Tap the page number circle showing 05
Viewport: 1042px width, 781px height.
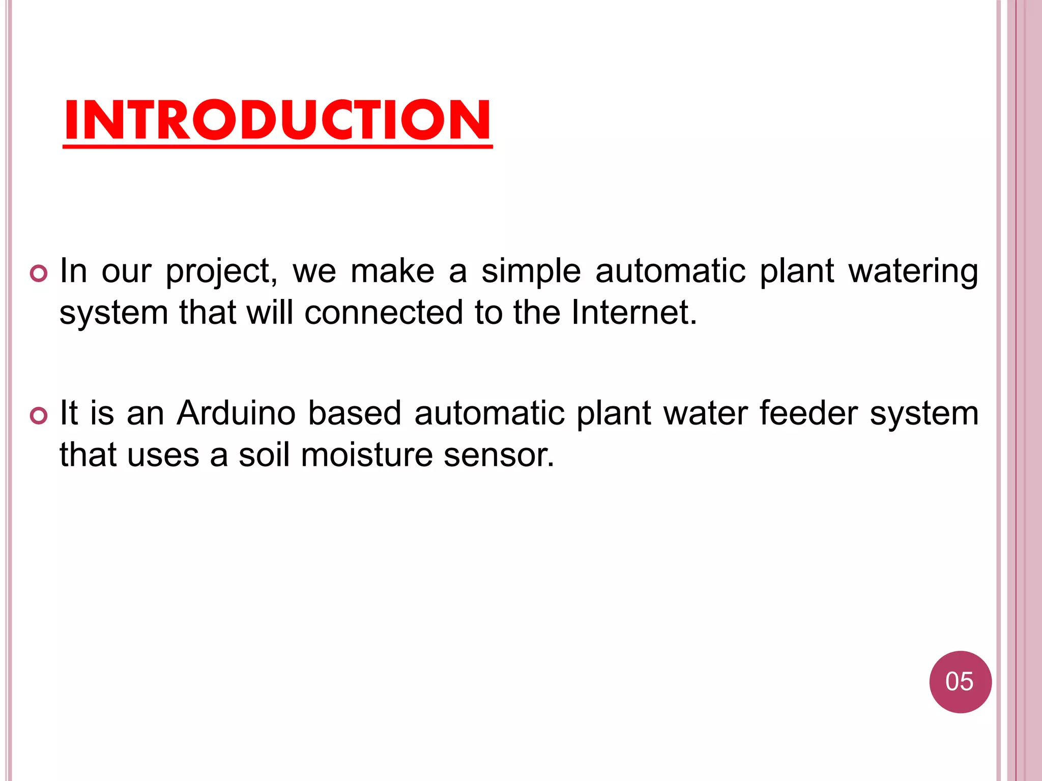(x=960, y=682)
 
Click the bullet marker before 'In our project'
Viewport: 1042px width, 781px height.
(x=39, y=274)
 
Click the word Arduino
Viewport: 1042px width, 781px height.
(x=236, y=412)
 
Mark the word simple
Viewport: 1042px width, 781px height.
(x=531, y=272)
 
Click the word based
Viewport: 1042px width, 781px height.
(x=355, y=412)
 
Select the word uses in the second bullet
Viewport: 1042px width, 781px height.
(x=163, y=454)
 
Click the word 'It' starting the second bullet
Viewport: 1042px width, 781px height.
(x=69, y=412)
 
